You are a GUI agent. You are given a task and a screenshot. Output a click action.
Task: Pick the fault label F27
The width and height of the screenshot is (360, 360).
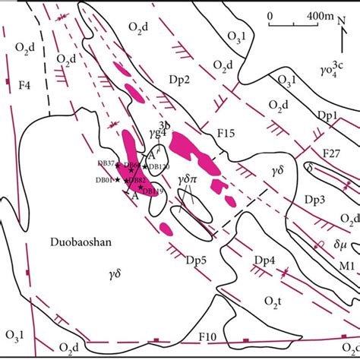click(330, 153)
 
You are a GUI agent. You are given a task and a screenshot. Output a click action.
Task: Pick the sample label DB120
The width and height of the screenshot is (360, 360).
click(158, 166)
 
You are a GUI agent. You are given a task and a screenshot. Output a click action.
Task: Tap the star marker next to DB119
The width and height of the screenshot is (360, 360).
click(140, 186)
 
